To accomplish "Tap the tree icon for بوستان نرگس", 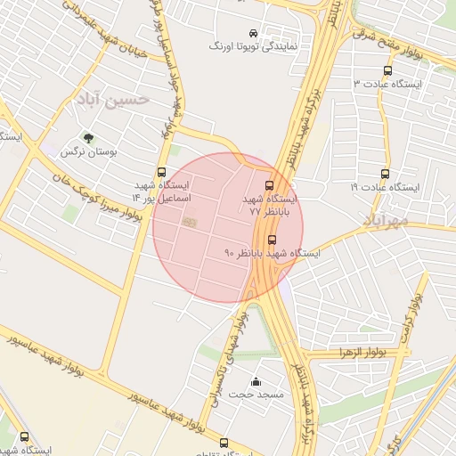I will [x=88, y=137].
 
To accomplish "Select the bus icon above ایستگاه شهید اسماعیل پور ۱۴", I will [x=161, y=172].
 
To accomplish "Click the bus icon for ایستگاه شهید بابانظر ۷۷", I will [x=270, y=185].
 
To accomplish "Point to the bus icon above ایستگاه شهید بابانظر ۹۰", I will [x=272, y=239].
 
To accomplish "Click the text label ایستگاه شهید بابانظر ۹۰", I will [x=272, y=254].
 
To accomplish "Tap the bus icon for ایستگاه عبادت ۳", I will [x=387, y=69].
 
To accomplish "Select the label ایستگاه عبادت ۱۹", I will [x=384, y=188].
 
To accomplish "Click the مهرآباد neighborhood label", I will [x=386, y=218].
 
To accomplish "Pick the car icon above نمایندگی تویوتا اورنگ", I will [x=255, y=30].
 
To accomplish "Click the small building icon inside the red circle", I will [x=188, y=222].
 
